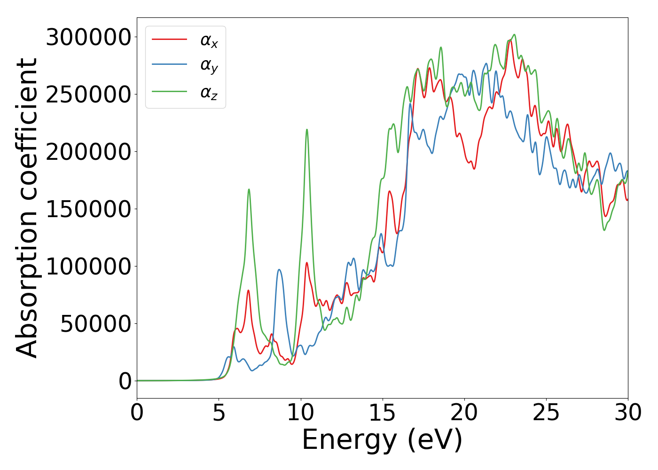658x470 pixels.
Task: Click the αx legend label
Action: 209,41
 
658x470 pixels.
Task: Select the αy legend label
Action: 209,66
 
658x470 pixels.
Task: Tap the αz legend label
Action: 209,93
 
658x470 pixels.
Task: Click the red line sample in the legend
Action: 169,39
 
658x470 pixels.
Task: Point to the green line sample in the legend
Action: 169,91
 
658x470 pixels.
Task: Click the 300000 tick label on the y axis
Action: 88,37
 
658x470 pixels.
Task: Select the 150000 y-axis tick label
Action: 88,209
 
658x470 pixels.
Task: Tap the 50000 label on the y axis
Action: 95,324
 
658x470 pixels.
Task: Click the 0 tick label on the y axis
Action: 125,381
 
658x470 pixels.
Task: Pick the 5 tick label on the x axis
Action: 219,413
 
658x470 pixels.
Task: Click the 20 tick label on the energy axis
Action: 464,413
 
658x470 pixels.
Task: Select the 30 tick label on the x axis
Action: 627,413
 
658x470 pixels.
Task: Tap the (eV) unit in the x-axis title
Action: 435,440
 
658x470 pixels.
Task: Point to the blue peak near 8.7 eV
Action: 279,270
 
